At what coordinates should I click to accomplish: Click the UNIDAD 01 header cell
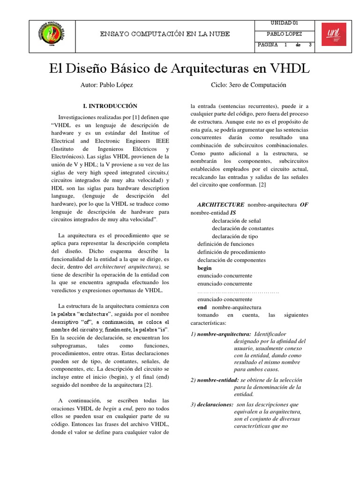285,23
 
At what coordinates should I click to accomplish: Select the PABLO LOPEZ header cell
285,34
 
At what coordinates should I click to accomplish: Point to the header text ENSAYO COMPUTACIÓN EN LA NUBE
166,34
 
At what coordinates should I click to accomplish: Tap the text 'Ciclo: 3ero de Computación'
249,85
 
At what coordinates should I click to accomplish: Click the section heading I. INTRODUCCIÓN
110,106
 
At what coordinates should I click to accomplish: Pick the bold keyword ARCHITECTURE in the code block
221,205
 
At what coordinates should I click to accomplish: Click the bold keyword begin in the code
204,268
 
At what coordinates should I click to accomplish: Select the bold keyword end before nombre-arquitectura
202,307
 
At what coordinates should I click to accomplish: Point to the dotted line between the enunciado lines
238,292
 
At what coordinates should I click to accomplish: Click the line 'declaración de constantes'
243,229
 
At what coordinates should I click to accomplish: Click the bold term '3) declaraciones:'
212,405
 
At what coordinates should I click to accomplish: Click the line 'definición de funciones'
226,244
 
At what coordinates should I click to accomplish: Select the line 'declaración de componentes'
232,260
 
